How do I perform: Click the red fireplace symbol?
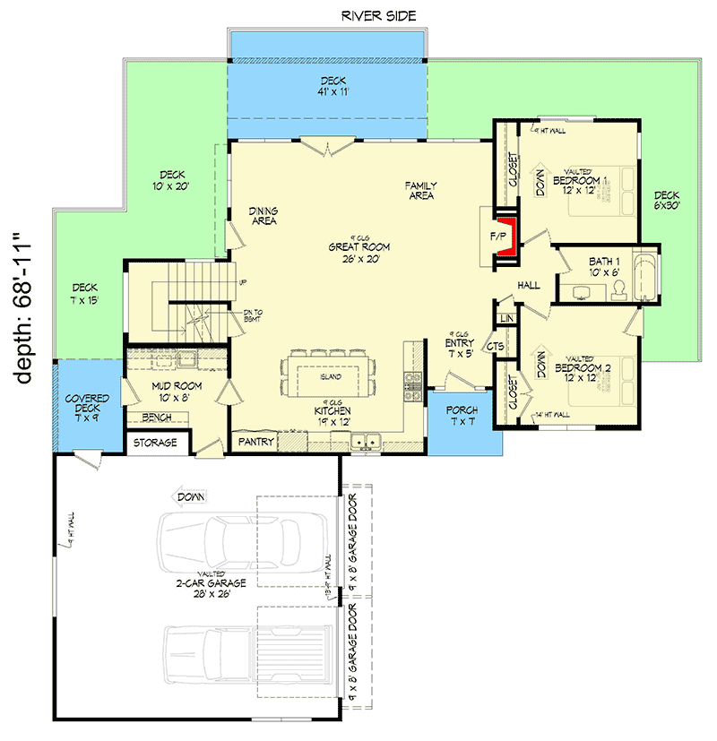(508, 236)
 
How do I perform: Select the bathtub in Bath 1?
(646, 278)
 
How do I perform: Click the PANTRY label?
(255, 442)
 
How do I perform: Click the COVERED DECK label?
(86, 403)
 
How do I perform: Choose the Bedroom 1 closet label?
(513, 169)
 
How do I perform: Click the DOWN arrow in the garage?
(191, 495)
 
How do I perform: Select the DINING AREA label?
(263, 216)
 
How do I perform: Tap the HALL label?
(528, 285)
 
